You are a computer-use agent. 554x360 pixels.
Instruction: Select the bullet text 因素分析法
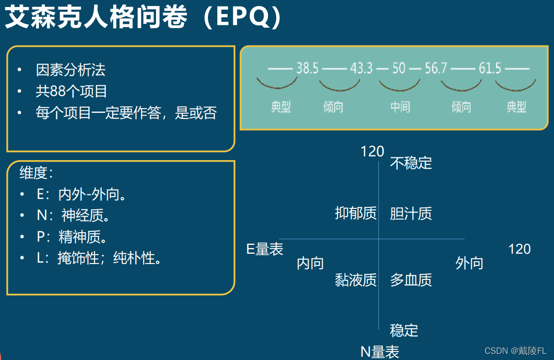pos(71,70)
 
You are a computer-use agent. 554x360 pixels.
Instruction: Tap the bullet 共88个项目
pos(72,91)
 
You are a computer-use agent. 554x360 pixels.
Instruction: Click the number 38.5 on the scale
pos(307,69)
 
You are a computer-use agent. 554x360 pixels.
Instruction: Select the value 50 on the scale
pos(399,69)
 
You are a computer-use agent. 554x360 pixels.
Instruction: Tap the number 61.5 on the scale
pos(490,69)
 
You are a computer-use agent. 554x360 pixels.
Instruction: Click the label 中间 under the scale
pos(400,107)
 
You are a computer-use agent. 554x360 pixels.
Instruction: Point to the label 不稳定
pos(411,163)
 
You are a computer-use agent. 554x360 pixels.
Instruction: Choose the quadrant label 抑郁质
pos(356,213)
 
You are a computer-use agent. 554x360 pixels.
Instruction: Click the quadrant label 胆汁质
pos(411,213)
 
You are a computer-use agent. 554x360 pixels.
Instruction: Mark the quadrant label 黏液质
pos(356,280)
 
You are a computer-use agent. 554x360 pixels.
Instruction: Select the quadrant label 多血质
pos(411,280)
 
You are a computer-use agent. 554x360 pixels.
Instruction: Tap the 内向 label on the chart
pos(310,264)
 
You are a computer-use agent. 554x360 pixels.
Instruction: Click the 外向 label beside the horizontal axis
pos(469,264)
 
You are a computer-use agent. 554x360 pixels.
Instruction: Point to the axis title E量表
pos(265,249)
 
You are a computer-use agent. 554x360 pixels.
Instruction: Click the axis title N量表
pos(380,352)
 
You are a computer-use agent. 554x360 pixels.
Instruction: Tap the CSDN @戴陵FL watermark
pos(516,351)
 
